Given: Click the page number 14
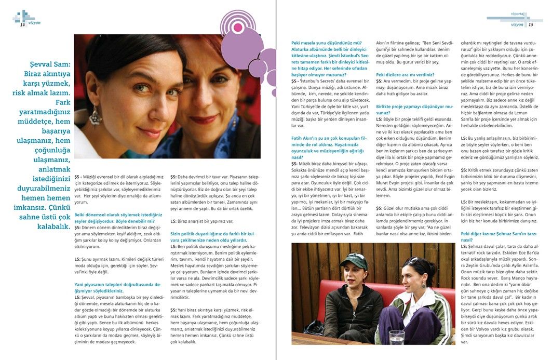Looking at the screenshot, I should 22,24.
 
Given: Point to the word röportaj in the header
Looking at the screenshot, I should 517,14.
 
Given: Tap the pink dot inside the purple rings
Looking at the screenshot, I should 238,27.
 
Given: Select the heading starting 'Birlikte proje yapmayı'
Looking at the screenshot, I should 410,109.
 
